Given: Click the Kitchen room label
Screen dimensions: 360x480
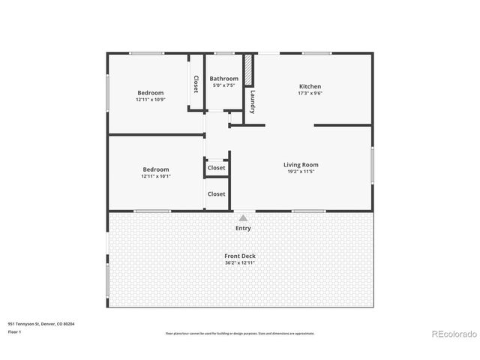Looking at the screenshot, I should click(x=310, y=86).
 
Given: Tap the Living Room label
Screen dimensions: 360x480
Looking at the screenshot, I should click(x=301, y=165).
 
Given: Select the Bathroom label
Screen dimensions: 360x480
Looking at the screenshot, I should click(x=223, y=79).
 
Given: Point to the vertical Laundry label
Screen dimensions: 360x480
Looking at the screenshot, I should click(x=253, y=101).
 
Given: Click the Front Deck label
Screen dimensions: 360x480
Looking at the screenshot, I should click(x=240, y=256).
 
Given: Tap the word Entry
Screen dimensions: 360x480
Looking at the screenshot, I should click(x=243, y=228).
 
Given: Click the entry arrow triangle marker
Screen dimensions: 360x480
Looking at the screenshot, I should click(x=243, y=218).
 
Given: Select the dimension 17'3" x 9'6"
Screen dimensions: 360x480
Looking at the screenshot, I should click(x=310, y=94).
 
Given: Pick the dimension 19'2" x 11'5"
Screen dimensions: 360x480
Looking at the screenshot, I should click(x=301, y=172).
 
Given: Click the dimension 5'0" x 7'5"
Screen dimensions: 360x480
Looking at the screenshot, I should click(x=223, y=85).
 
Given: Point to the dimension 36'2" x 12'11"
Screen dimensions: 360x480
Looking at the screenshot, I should click(x=240, y=262).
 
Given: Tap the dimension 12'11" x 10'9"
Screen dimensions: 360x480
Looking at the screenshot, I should click(x=150, y=99).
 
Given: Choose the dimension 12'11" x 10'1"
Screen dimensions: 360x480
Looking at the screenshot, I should click(x=156, y=176).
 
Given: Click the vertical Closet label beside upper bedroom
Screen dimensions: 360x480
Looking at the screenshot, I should click(x=196, y=84).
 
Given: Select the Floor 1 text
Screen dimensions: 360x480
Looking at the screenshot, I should click(x=14, y=331).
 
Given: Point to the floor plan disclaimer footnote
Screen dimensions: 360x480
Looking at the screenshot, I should click(x=240, y=333).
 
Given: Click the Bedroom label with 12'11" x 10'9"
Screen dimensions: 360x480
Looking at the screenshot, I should click(x=150, y=92).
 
